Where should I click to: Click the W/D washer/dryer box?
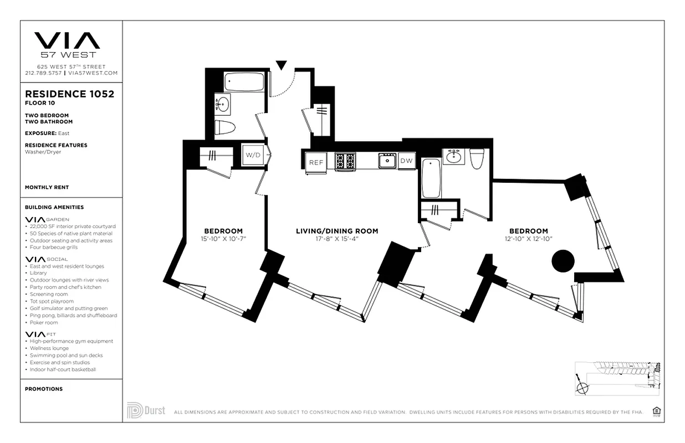(253, 155)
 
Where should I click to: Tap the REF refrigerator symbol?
(316, 162)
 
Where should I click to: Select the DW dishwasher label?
(406, 161)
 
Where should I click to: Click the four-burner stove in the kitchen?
(345, 161)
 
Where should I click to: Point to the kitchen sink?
(386, 161)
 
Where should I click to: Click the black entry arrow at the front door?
(282, 65)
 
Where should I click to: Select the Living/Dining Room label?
(337, 231)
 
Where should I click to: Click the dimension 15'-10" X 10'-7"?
(223, 239)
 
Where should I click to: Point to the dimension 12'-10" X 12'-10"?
(528, 239)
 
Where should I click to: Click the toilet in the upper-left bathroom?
(225, 127)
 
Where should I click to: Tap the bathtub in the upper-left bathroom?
(244, 83)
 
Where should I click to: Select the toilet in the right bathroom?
(476, 158)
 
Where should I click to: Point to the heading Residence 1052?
(70, 94)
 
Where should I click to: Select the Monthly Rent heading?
(47, 187)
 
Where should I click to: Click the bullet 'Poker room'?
(44, 322)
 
